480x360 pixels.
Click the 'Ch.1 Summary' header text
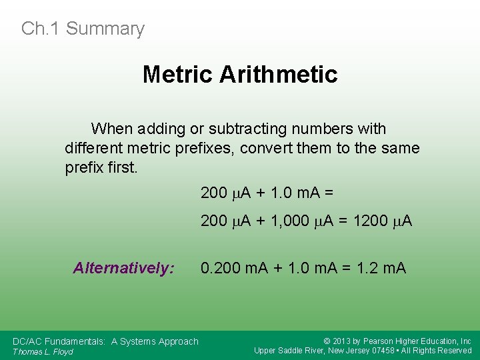(x=83, y=29)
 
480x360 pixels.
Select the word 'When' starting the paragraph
(x=112, y=129)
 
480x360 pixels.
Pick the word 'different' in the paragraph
(x=91, y=148)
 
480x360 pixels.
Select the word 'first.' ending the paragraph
(x=121, y=167)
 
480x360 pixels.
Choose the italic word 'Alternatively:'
(x=124, y=268)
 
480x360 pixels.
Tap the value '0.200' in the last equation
(x=221, y=268)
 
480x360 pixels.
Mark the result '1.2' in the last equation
(x=367, y=268)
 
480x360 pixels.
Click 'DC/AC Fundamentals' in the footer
(x=58, y=341)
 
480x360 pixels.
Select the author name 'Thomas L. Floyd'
(x=43, y=351)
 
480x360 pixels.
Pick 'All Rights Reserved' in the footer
(x=438, y=351)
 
